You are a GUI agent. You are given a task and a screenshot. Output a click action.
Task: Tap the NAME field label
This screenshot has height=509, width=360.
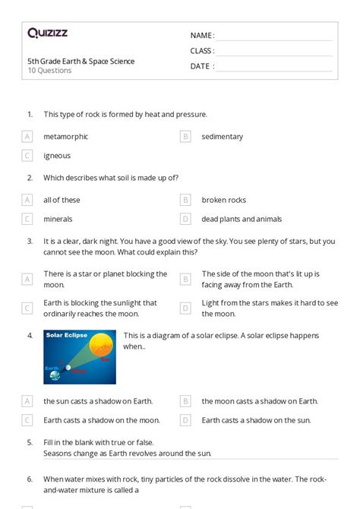coord(202,36)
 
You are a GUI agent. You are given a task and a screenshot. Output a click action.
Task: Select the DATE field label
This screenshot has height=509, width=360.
coord(201,66)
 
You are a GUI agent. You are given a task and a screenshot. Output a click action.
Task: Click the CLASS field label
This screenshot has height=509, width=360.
coord(202,51)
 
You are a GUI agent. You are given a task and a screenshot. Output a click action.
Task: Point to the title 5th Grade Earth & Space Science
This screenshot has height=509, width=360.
coord(81,62)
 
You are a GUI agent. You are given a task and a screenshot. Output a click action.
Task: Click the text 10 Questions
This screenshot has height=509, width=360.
coord(49,71)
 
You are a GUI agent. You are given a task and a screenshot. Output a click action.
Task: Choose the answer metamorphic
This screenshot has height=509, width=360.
coord(65,137)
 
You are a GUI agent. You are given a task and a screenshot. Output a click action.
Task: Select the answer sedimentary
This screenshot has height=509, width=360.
coord(222,137)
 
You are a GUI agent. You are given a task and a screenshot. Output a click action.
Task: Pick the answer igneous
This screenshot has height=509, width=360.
coord(57,156)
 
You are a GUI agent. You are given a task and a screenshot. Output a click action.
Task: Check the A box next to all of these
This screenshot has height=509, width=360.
coord(27,200)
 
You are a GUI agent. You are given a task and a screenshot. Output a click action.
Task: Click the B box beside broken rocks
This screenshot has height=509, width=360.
coord(185,200)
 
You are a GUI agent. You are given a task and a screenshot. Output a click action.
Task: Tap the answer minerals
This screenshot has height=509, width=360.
coord(58,219)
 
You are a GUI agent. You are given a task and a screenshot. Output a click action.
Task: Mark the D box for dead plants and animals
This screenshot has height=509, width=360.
coord(185,219)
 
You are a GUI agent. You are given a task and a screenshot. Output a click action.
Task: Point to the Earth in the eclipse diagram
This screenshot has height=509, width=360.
coord(55,373)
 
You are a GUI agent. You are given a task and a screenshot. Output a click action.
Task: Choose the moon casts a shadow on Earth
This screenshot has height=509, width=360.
coord(260,401)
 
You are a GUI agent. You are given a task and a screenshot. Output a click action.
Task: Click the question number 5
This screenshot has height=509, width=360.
coord(30,441)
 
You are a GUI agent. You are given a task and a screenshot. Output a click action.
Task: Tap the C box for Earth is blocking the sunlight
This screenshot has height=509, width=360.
coord(27,308)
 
